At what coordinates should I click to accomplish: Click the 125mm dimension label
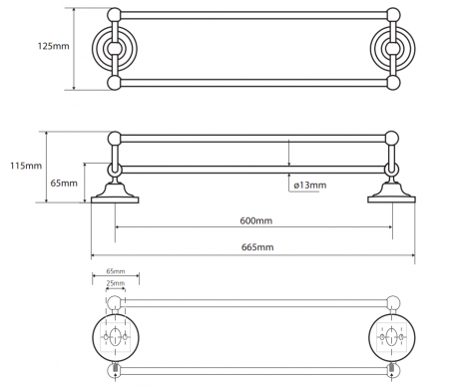click(x=53, y=46)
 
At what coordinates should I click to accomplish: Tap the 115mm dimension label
click(x=26, y=166)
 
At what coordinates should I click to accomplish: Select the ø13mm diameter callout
click(x=310, y=185)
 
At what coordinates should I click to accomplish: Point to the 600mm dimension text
click(x=256, y=220)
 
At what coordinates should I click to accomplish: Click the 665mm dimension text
click(x=257, y=247)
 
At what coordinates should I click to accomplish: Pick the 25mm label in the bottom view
click(x=116, y=283)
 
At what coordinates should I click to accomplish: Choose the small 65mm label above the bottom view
click(x=116, y=271)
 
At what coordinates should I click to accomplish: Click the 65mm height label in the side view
click(x=64, y=183)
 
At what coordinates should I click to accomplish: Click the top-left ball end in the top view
click(x=115, y=15)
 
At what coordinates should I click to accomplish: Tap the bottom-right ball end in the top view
click(x=393, y=83)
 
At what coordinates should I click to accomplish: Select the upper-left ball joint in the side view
click(x=115, y=139)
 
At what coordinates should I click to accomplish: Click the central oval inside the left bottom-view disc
click(x=115, y=336)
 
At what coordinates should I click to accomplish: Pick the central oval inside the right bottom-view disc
click(x=392, y=336)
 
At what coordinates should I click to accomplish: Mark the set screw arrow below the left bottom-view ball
click(x=116, y=376)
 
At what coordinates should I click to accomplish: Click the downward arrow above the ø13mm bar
click(x=289, y=153)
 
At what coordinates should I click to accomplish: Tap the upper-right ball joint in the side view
click(x=391, y=139)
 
